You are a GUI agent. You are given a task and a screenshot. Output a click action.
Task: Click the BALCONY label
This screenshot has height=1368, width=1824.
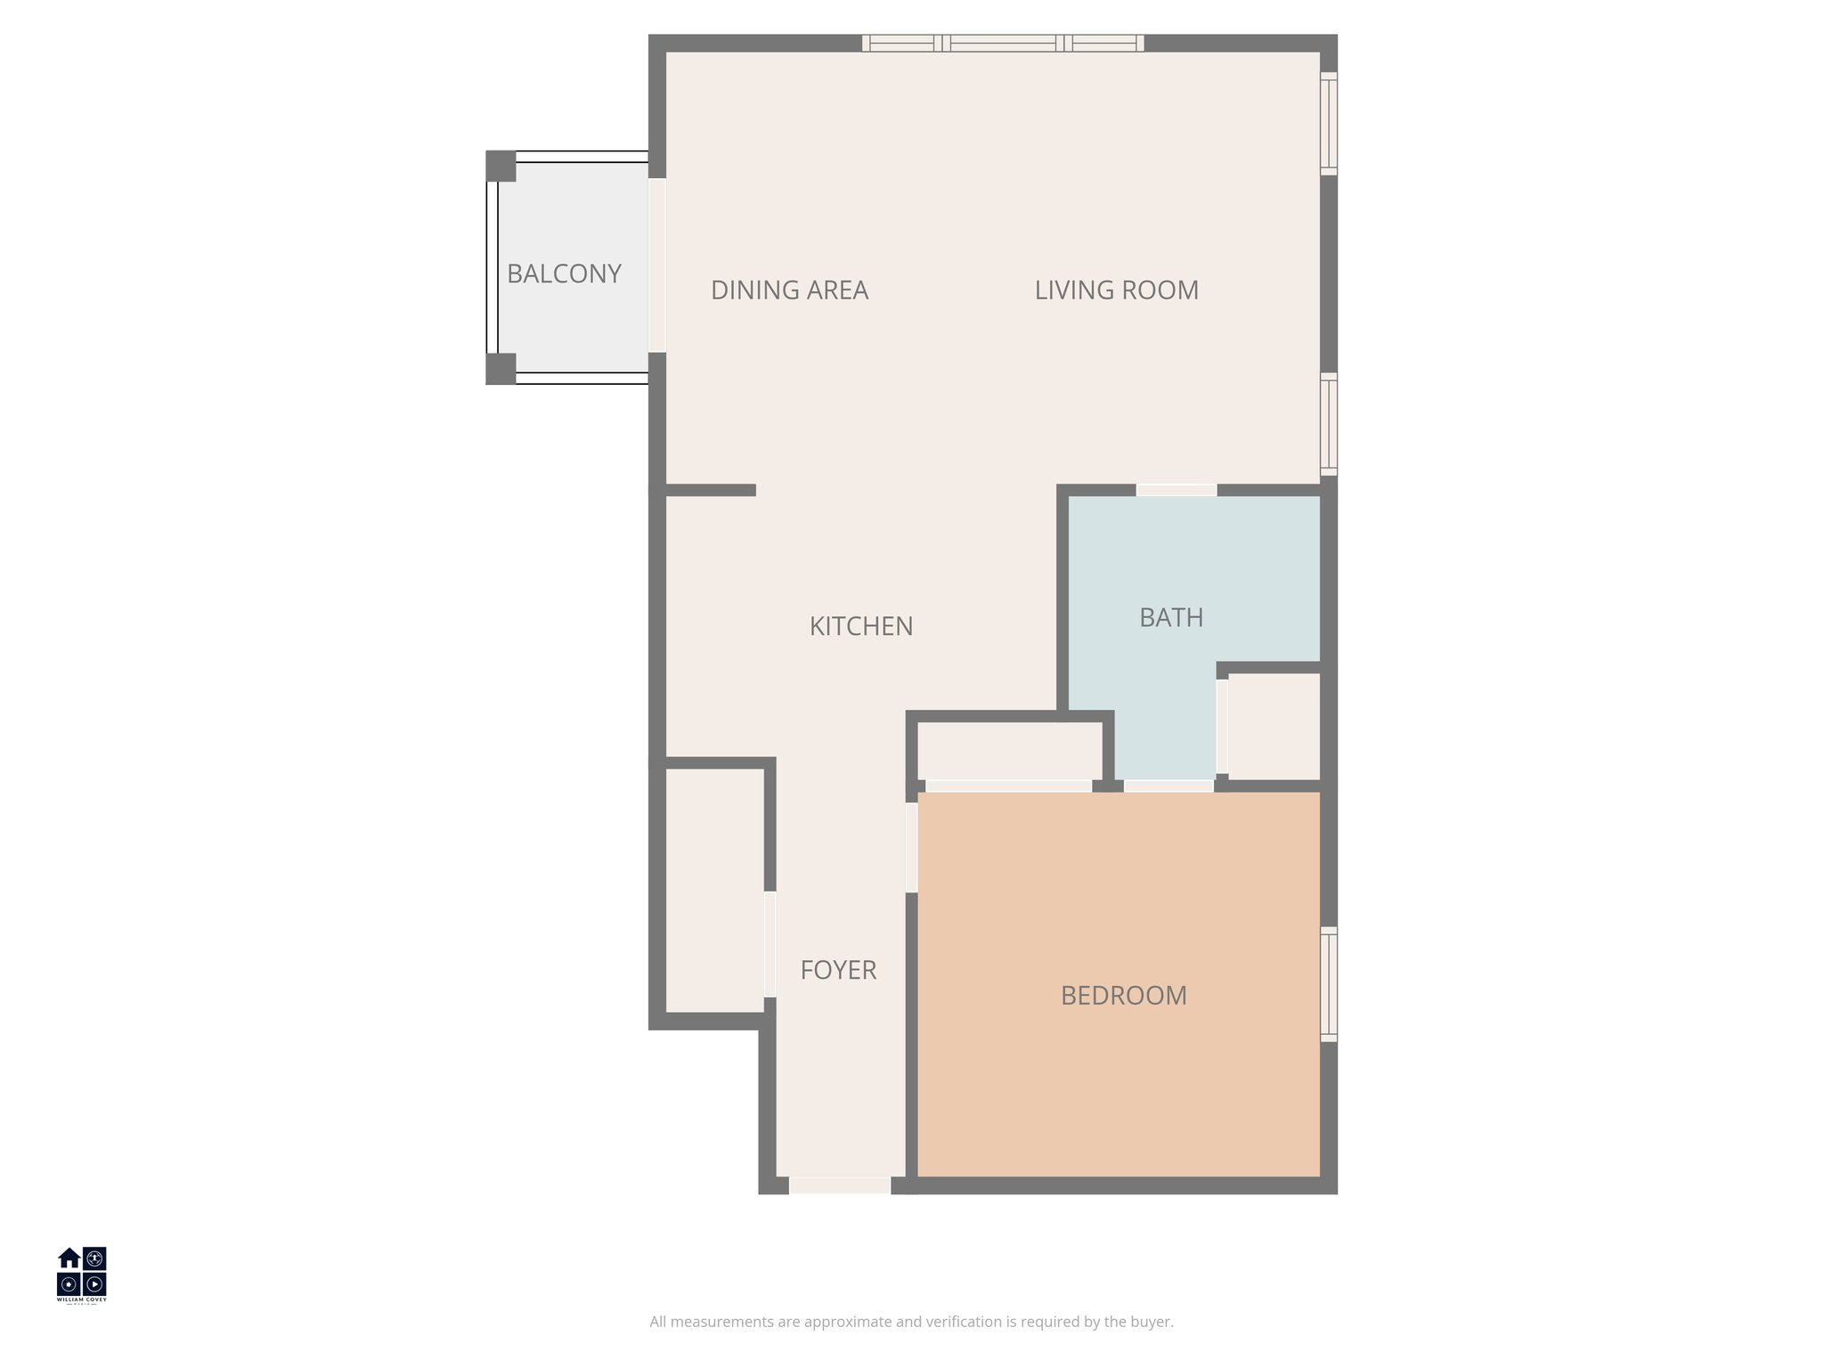click(x=564, y=273)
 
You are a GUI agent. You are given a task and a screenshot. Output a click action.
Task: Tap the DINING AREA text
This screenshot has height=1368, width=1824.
click(x=789, y=289)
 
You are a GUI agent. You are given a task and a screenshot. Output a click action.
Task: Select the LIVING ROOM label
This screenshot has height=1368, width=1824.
click(x=1116, y=289)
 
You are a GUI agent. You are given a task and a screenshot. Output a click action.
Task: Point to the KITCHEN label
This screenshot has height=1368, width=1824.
click(x=860, y=626)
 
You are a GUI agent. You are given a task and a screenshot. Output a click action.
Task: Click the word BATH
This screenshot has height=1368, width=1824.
click(x=1171, y=617)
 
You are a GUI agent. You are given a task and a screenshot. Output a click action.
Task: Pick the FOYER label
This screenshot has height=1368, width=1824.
click(x=838, y=970)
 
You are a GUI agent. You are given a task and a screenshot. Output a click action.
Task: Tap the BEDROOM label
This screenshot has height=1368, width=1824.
click(x=1123, y=995)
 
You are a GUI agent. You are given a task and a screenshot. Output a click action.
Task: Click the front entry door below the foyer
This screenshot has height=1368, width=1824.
click(x=840, y=1185)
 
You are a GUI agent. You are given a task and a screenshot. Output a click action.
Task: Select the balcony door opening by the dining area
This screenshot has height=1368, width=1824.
click(x=657, y=265)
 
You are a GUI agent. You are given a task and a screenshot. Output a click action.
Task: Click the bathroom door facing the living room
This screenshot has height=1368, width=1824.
click(x=1177, y=490)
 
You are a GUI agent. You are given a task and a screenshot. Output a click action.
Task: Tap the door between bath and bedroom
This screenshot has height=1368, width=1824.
click(x=1168, y=786)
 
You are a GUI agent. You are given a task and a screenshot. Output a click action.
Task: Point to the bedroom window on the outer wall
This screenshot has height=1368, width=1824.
click(x=1328, y=984)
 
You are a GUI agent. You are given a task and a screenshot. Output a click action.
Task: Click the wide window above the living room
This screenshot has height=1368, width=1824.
click(x=1003, y=43)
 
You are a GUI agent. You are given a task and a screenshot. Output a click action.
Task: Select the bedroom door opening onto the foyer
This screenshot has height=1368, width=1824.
click(x=911, y=847)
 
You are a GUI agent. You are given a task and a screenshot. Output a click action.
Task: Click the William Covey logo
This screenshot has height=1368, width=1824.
click(x=82, y=1274)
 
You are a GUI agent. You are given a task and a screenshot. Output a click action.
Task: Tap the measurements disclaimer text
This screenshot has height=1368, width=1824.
click(x=911, y=1322)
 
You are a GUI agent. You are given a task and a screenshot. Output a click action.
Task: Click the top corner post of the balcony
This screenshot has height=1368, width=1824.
click(x=501, y=166)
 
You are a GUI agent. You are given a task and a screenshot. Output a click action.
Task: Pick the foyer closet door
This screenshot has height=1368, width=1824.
click(x=769, y=944)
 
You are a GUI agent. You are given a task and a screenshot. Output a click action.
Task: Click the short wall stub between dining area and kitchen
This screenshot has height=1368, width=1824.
click(x=711, y=490)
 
